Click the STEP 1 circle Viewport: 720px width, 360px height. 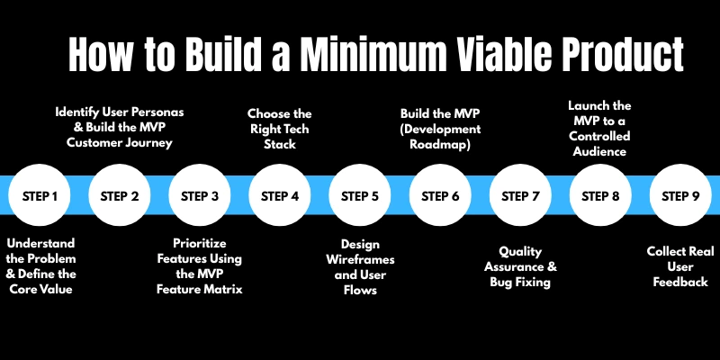coord(40,195)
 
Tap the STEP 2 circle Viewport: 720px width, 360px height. coord(120,195)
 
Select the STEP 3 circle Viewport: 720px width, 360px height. coord(200,195)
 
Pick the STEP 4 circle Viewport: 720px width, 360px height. coord(280,195)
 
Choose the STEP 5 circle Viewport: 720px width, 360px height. coord(360,195)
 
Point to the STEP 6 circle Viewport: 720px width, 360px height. coord(440,195)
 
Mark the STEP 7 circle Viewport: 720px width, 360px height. coord(520,195)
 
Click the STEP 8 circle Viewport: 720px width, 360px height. coord(600,195)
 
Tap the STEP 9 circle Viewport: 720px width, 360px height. coord(680,195)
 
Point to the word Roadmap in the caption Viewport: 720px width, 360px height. coord(441,143)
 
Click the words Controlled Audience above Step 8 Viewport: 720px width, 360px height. coord(599,144)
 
